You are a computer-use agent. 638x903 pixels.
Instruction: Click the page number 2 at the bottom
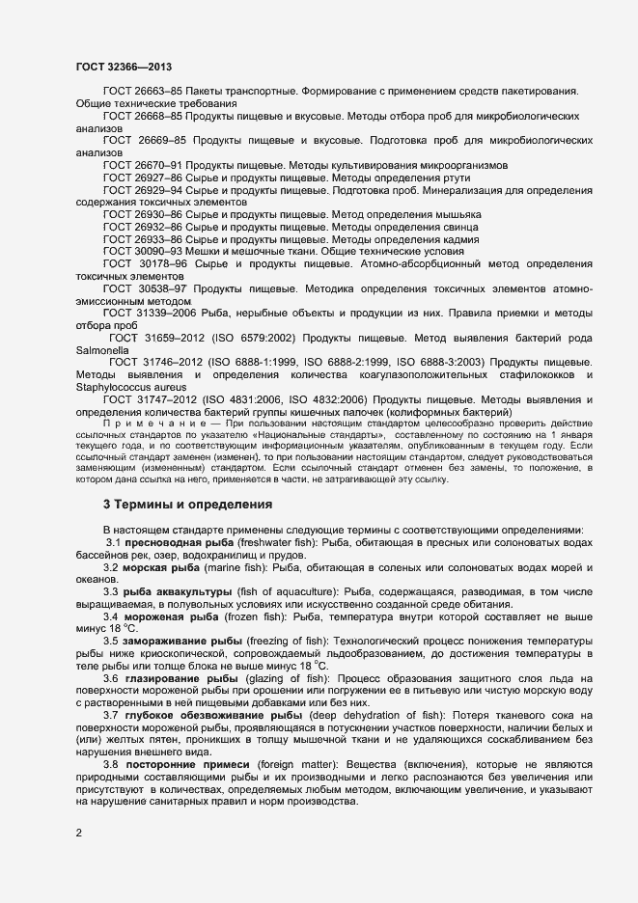(78, 833)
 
